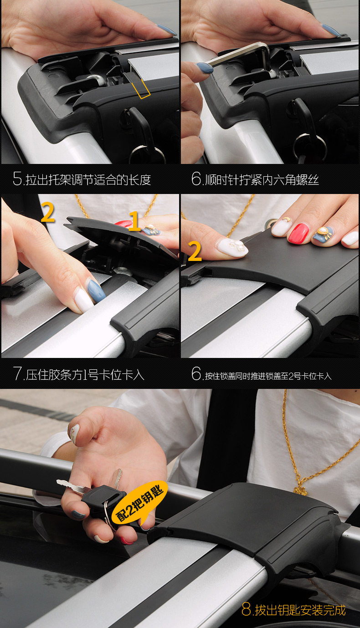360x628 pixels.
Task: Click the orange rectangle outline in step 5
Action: click(x=141, y=89)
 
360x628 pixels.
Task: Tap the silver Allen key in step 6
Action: click(x=242, y=56)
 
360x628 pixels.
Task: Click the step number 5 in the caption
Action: click(x=17, y=179)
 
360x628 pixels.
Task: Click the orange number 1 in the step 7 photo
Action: click(x=135, y=221)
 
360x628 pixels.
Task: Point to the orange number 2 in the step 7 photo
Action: click(x=48, y=212)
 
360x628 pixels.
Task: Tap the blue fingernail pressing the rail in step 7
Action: click(x=97, y=291)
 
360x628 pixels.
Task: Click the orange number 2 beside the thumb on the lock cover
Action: click(x=195, y=251)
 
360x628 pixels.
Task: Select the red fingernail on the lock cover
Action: click(x=298, y=232)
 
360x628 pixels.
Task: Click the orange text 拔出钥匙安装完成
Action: click(x=300, y=610)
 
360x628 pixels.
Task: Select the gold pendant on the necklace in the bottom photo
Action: click(x=301, y=490)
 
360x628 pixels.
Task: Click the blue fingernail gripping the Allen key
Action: click(x=205, y=68)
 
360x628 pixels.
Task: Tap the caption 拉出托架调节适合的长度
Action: click(x=88, y=180)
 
